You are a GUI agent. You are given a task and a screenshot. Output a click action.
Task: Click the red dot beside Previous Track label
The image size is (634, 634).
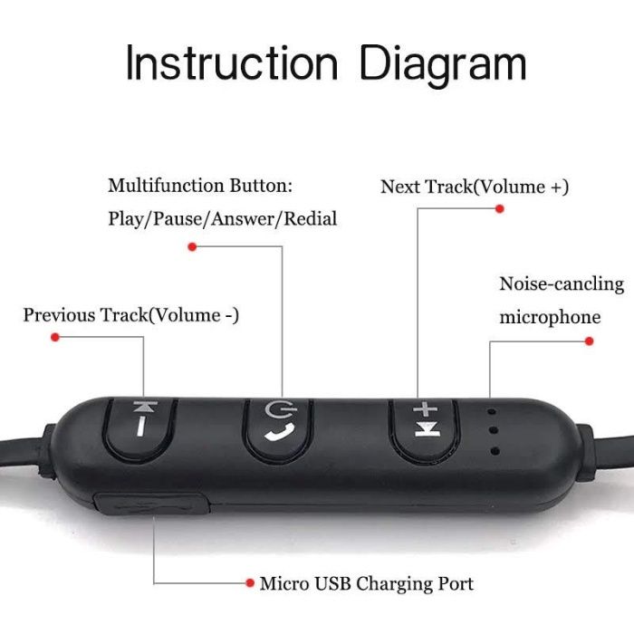coord(55,337)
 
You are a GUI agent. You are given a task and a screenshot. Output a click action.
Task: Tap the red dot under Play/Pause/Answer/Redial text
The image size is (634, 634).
coord(191,246)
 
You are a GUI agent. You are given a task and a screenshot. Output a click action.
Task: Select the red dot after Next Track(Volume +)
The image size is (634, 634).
coord(499,208)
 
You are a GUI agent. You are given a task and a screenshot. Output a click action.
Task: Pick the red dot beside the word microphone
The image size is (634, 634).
coord(589,341)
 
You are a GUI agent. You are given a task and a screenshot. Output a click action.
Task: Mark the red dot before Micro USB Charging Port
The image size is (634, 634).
coord(250,584)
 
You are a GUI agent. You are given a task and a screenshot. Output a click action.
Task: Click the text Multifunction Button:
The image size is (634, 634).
coord(200,186)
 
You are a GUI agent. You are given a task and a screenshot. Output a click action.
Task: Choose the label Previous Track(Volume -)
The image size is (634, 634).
coord(131,315)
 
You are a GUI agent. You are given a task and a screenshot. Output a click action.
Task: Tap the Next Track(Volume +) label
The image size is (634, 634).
coord(475,187)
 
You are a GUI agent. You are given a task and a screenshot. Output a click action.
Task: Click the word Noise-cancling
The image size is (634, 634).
coord(562,284)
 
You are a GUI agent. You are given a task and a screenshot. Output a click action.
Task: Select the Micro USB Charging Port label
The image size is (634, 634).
coord(367,584)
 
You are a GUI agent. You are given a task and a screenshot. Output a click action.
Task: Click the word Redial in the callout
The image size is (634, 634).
coord(311,218)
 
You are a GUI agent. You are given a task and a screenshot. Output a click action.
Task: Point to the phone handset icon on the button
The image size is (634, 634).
coord(275,433)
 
